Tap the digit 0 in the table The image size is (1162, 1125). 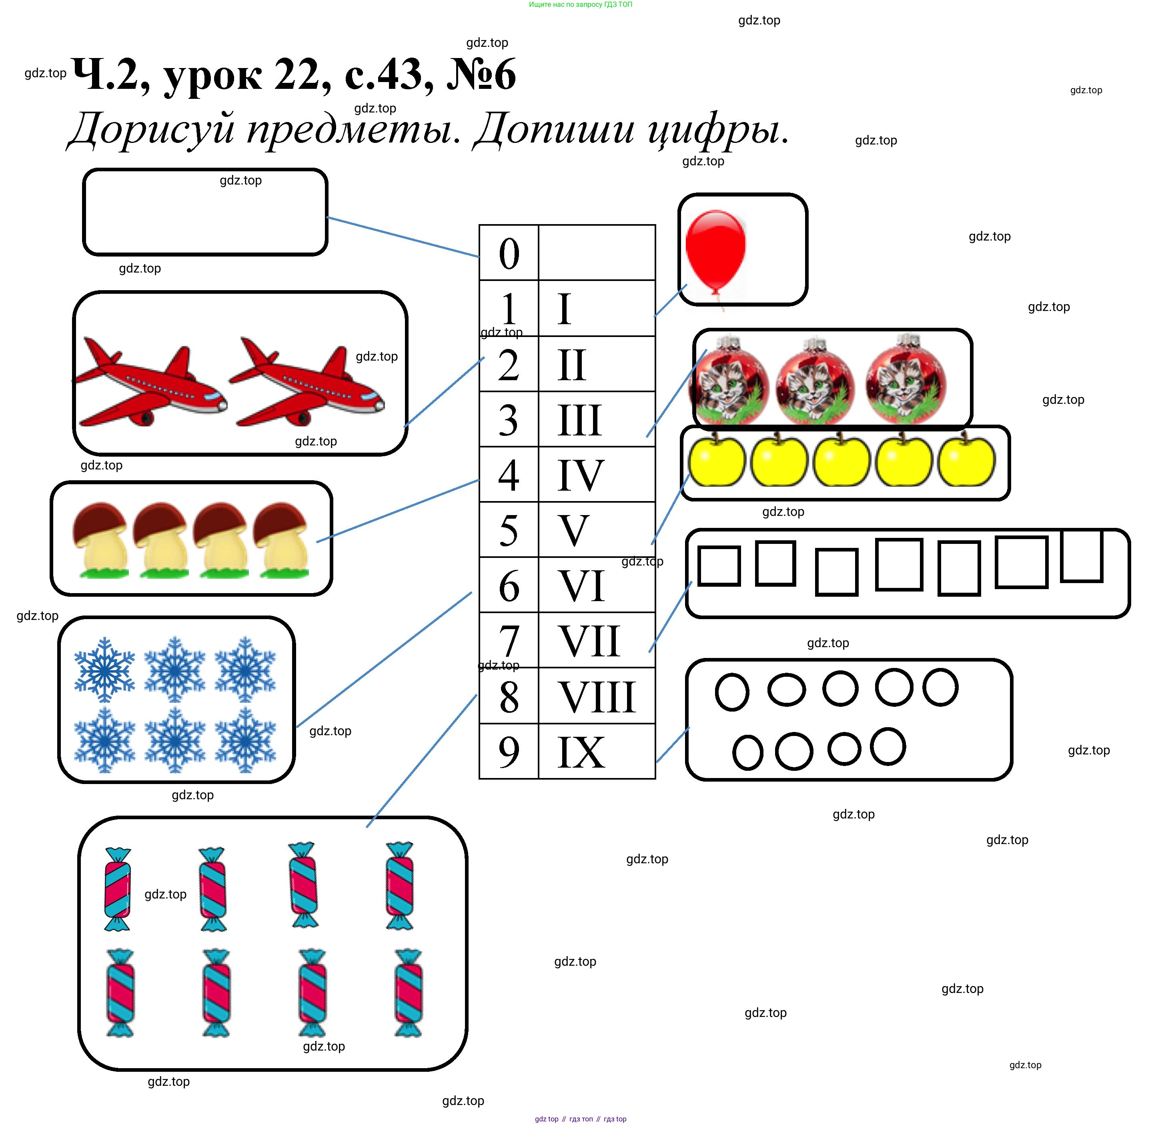pyautogui.click(x=509, y=254)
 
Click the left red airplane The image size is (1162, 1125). pyautogui.click(x=151, y=383)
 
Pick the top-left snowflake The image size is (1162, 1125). pyautogui.click(x=104, y=670)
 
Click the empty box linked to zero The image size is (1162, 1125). pyautogui.click(x=205, y=212)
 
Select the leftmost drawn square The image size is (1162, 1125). pyautogui.click(x=719, y=566)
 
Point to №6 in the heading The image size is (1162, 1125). pyautogui.click(x=481, y=75)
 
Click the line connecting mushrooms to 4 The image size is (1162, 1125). pyautogui.click(x=397, y=511)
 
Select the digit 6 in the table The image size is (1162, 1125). pyautogui.click(x=509, y=586)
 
